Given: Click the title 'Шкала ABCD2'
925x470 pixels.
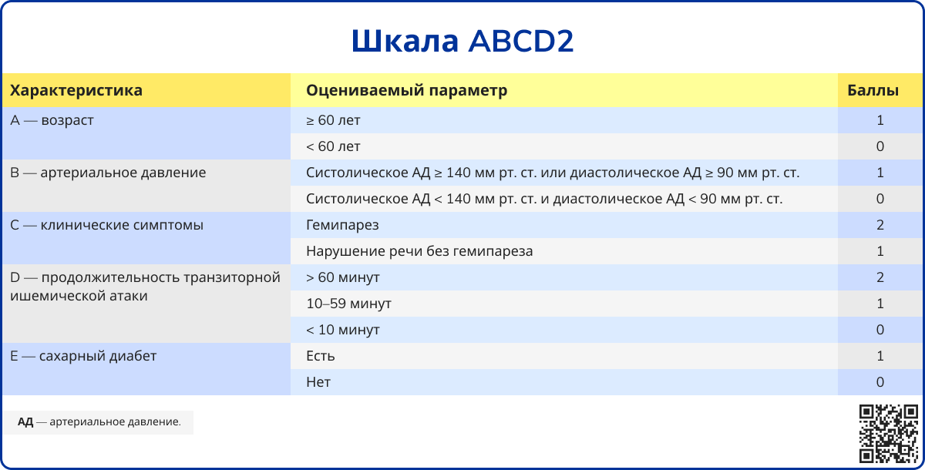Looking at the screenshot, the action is coord(462,41).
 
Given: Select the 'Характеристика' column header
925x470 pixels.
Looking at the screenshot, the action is coord(76,90).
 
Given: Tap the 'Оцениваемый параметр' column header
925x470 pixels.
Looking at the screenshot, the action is coord(407,90).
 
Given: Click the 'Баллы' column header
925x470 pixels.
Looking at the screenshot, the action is coord(873,90).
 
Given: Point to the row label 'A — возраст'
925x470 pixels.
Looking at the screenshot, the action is coord(52,120).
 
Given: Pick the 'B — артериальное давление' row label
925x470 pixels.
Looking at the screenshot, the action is coord(108,173).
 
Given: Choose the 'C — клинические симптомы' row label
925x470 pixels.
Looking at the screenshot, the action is coord(106,225).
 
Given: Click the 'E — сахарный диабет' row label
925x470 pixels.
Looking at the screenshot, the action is coord(83,356).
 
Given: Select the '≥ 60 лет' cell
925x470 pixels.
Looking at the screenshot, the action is coord(333,120).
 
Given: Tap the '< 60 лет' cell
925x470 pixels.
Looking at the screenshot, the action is coord(333,146).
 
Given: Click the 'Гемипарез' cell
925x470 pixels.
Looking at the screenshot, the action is coord(342,225).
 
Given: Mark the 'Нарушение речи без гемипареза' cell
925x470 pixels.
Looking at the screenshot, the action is coord(419,251).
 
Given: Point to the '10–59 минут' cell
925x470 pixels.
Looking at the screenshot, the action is coord(349,304).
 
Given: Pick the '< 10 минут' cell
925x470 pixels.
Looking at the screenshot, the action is coord(343,330).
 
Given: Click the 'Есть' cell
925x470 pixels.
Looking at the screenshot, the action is coord(321,356).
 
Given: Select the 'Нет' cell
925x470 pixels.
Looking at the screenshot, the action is coord(318,382).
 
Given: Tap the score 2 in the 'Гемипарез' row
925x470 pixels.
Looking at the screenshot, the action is coord(880,225).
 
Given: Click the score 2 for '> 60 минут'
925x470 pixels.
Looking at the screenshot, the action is coord(880,277).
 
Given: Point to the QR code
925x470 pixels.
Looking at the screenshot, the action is coord(889,434).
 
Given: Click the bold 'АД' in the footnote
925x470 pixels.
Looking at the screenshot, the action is coord(25,422).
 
